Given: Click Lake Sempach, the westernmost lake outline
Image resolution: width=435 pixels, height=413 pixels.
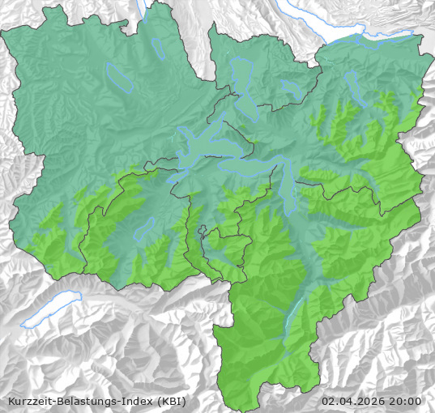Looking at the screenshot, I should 119,77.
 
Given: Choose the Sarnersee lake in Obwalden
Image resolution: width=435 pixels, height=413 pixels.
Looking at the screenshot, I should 145,228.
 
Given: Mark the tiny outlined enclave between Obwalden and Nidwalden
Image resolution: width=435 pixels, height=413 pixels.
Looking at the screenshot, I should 203,231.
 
